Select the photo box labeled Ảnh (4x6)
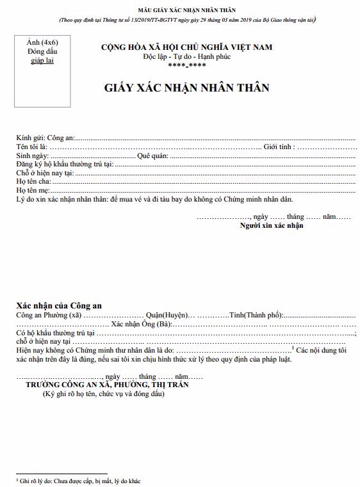[43, 72]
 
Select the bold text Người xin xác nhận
[272, 225]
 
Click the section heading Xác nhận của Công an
[59, 305]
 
